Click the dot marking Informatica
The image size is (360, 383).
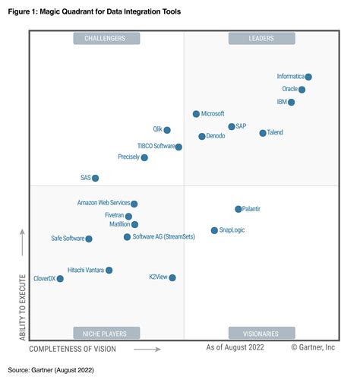(x=308, y=77)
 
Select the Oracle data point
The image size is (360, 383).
(x=302, y=90)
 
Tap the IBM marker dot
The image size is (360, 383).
(x=292, y=102)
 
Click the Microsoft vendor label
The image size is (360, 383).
(x=213, y=114)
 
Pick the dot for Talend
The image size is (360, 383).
(x=263, y=133)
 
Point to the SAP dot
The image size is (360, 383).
(x=232, y=127)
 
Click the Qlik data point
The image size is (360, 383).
(x=167, y=130)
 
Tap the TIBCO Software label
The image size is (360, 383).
(x=155, y=146)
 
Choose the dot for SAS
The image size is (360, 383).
(x=96, y=178)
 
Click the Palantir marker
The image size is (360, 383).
(x=238, y=209)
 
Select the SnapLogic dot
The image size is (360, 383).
(x=214, y=230)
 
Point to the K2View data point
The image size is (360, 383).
(x=172, y=278)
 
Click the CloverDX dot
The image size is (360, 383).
(x=60, y=279)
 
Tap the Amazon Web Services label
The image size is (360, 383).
(x=103, y=204)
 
